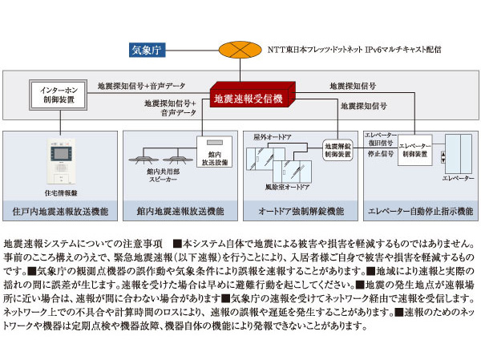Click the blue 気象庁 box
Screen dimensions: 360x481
click(x=148, y=51)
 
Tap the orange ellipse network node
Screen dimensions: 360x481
click(x=235, y=50)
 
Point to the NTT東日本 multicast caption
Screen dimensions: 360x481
click(x=355, y=50)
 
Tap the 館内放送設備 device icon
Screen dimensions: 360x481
click(x=213, y=152)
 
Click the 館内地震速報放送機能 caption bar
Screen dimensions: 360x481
click(x=180, y=212)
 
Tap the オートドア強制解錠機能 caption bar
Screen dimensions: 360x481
click(x=300, y=212)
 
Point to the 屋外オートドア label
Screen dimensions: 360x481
click(x=270, y=137)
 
